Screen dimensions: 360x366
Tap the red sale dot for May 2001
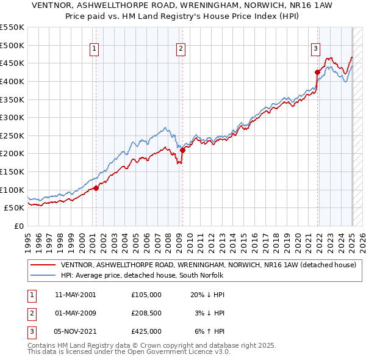tap(96, 188)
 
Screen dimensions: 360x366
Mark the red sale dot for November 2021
tap(317, 72)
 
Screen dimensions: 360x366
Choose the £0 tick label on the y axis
tap(18, 226)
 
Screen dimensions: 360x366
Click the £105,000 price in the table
tap(146, 295)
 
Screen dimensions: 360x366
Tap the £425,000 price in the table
tap(146, 331)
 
